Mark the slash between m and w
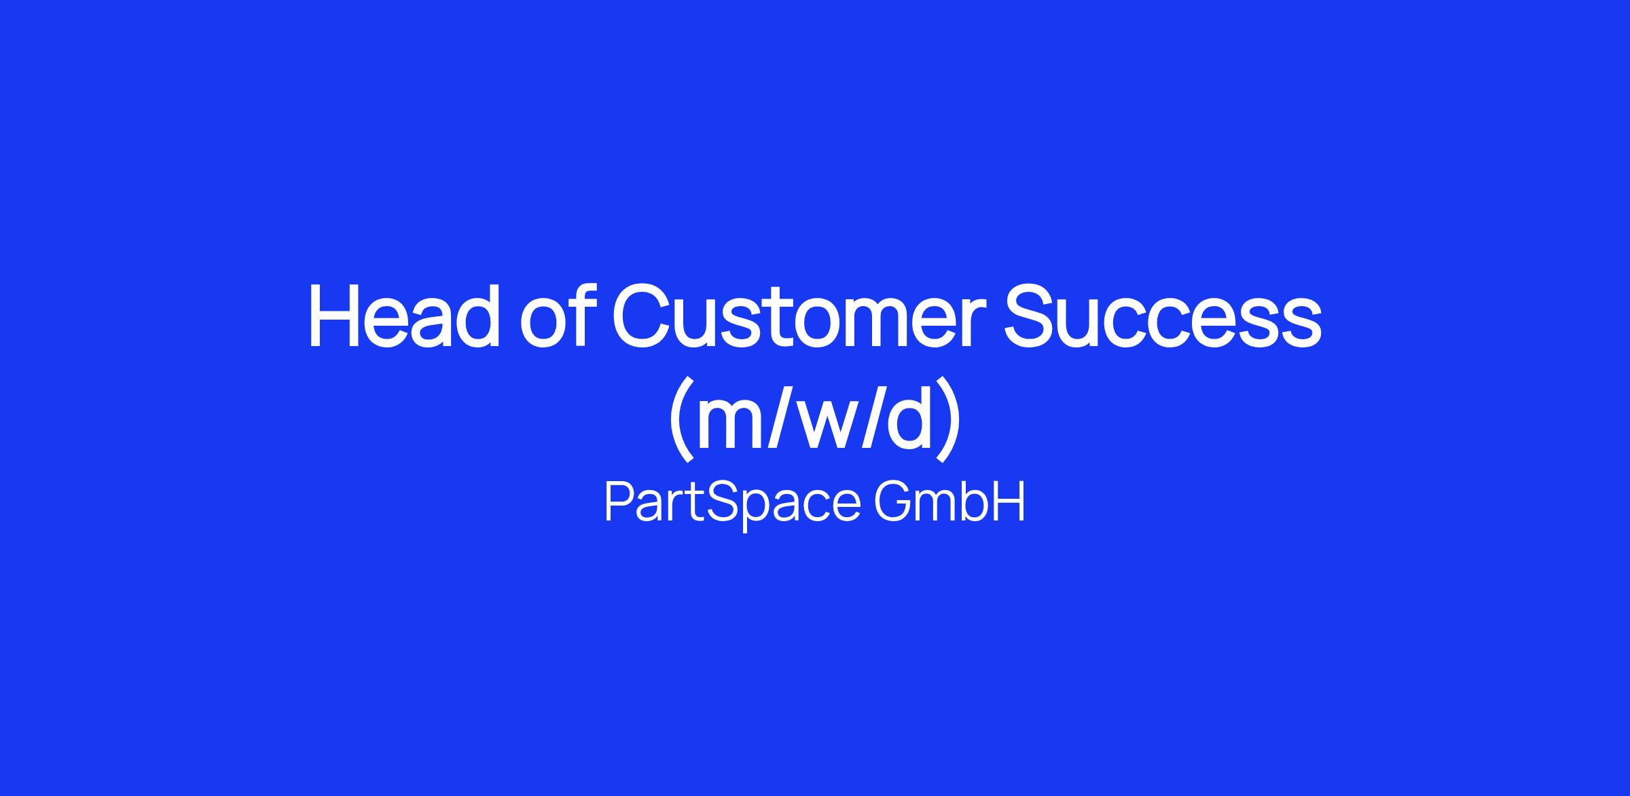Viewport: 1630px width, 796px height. (786, 419)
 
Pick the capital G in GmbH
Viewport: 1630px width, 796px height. (893, 502)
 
